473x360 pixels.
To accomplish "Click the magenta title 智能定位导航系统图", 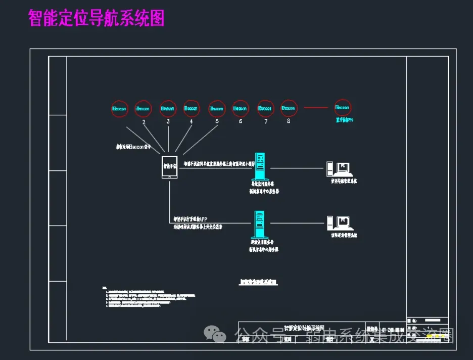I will click(97, 19).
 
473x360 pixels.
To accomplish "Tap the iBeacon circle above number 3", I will click(168, 108).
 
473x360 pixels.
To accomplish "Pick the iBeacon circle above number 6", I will click(241, 108).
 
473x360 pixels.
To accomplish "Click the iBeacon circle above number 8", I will click(289, 108).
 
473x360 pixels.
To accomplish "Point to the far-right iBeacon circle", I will click(342, 108).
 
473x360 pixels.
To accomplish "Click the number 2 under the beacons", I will click(144, 122).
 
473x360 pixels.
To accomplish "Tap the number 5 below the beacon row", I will click(217, 122).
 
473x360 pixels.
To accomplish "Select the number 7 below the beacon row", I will click(265, 122).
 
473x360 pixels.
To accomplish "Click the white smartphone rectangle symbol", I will click(169, 167).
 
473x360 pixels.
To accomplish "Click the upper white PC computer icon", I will click(340, 168).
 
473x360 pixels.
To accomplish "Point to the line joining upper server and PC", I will click(298, 168).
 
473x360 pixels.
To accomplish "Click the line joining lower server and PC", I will click(298, 223).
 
